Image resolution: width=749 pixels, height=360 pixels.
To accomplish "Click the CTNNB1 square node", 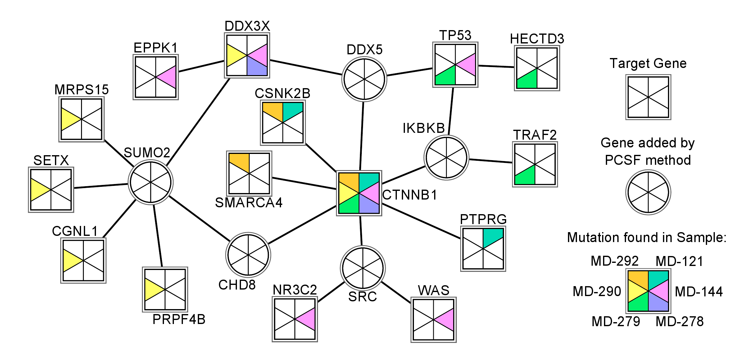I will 359,193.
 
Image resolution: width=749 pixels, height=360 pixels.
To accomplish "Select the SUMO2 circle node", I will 151,182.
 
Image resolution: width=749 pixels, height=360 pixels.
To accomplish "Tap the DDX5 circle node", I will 364,79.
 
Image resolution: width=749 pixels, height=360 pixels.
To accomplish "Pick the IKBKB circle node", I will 446,158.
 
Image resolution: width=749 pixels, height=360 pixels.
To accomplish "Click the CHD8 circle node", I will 248,255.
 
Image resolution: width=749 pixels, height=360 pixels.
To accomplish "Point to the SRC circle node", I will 363,268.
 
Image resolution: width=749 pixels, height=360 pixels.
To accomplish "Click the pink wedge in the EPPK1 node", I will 169,77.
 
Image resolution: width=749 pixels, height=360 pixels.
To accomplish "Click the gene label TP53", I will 455,35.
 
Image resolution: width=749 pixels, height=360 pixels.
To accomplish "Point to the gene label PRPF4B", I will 179,319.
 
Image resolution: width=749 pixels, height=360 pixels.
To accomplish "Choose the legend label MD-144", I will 699,292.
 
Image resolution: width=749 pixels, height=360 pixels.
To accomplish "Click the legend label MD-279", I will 616,322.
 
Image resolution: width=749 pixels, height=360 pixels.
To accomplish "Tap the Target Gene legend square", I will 648,97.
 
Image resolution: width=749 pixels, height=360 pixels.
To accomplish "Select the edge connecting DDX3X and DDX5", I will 306,67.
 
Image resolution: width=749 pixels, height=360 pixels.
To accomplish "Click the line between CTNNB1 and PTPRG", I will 421,221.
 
